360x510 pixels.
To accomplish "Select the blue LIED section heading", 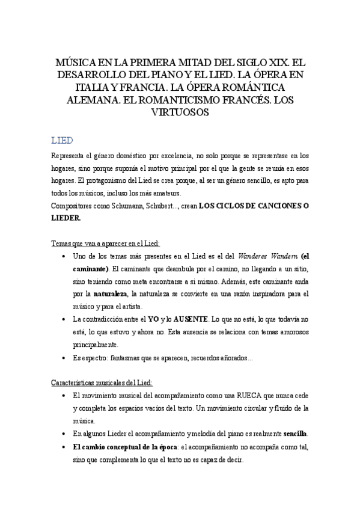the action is click(x=62, y=140).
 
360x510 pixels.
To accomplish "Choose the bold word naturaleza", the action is click(x=111, y=294).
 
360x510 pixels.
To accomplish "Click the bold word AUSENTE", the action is click(x=191, y=318).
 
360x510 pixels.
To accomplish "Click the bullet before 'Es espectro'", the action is click(x=64, y=357).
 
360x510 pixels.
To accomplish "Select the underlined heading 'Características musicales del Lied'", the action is click(x=102, y=382).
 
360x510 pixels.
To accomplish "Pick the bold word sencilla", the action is click(x=295, y=433).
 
